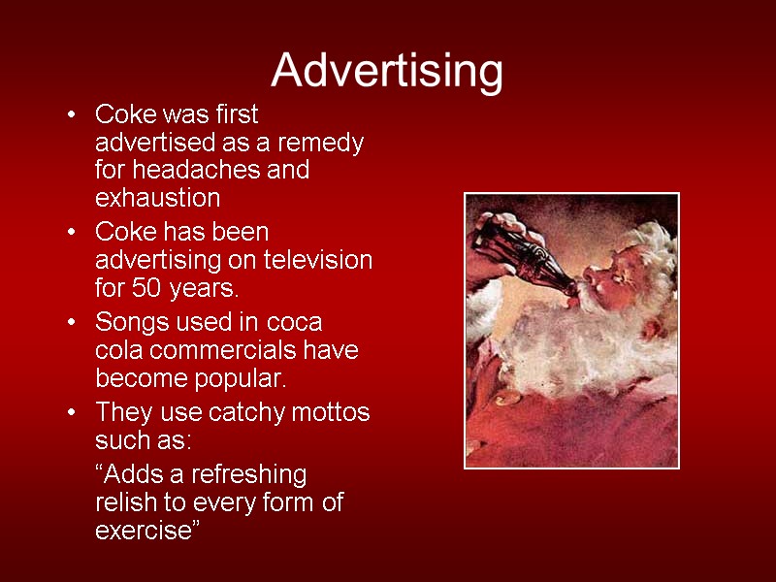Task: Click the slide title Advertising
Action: [x=387, y=71]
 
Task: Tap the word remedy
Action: [x=323, y=143]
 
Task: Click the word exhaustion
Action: [x=157, y=198]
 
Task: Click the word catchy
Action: [x=242, y=412]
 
